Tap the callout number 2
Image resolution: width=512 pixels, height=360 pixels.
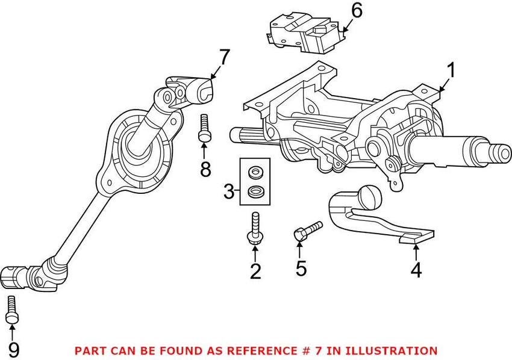tap(256, 272)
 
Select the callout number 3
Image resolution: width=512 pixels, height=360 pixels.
tap(229, 192)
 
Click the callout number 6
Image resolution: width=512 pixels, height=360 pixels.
tap(357, 10)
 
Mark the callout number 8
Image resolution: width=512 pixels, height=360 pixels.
tap(205, 169)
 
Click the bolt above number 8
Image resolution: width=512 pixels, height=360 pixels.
tap(204, 128)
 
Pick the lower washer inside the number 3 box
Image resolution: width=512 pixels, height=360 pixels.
tap(255, 193)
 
